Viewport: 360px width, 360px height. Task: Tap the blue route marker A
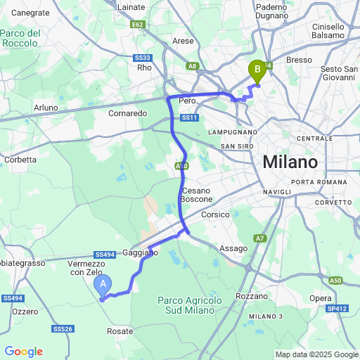coord(103,285)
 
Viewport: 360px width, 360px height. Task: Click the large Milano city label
coord(290,162)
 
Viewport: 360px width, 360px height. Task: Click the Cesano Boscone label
coord(196,195)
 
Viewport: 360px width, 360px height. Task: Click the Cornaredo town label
coord(127,112)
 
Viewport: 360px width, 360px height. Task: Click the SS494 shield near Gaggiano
coord(104,254)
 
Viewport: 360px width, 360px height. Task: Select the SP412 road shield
coord(337,308)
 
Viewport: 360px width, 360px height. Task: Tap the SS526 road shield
coord(63,328)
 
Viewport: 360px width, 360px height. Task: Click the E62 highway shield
coord(137,25)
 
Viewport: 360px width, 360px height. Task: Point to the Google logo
coord(23,352)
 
